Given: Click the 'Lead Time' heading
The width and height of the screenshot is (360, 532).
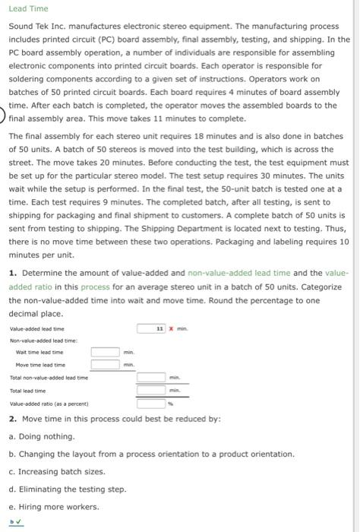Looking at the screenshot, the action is pos(28,8).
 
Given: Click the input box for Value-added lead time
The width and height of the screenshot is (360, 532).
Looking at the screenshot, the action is pos(151,328).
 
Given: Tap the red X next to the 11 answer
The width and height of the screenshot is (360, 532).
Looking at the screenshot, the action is pos(171,328).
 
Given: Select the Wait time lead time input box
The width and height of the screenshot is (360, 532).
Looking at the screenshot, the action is pos(106,352).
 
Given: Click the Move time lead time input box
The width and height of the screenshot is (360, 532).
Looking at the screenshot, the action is pos(106,365).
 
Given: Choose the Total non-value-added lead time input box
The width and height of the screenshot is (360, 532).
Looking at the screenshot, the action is pos(151,377).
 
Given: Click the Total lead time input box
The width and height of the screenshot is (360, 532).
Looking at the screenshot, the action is pos(151,390).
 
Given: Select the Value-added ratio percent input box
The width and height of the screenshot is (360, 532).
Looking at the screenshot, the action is pos(151,403).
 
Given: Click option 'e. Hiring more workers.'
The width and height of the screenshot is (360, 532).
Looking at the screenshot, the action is pos(52,507).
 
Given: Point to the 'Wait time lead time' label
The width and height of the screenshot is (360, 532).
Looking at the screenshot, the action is pos(36,352).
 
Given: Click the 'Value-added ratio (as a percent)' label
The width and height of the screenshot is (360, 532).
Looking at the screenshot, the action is pos(49,404).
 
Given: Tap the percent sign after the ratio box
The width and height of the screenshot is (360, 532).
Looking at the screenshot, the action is pos(171,404).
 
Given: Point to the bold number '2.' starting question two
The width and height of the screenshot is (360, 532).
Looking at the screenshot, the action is pos(13,420).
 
